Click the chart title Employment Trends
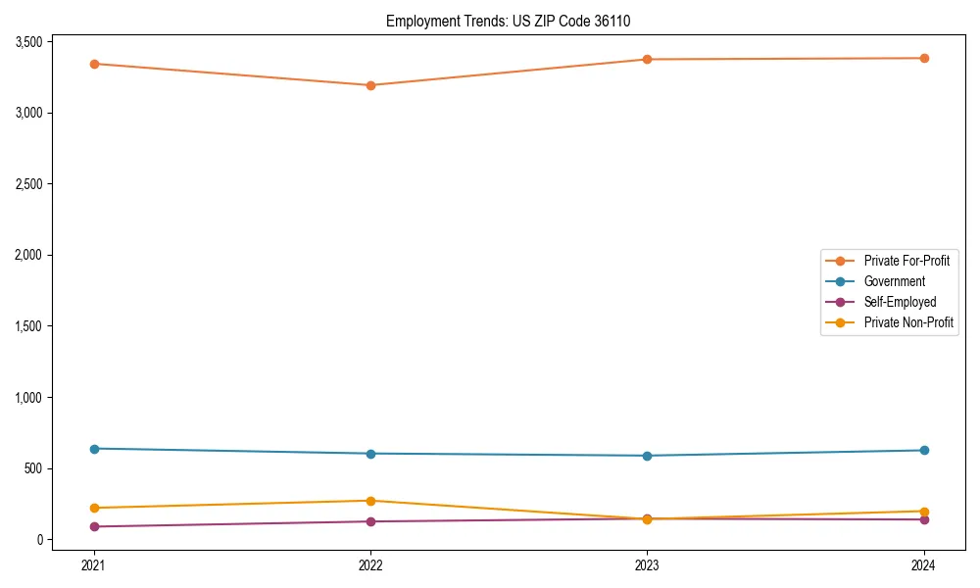(x=515, y=21)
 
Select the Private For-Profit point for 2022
(x=370, y=85)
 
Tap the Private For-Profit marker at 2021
(x=94, y=64)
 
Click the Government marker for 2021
(x=94, y=449)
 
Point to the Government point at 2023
(x=647, y=456)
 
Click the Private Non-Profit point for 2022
(x=370, y=501)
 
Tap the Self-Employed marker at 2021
(x=94, y=526)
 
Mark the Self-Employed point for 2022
(x=370, y=521)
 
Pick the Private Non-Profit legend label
(x=908, y=322)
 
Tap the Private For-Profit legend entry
(x=906, y=261)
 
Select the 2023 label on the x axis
(x=647, y=565)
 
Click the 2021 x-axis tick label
(x=94, y=565)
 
